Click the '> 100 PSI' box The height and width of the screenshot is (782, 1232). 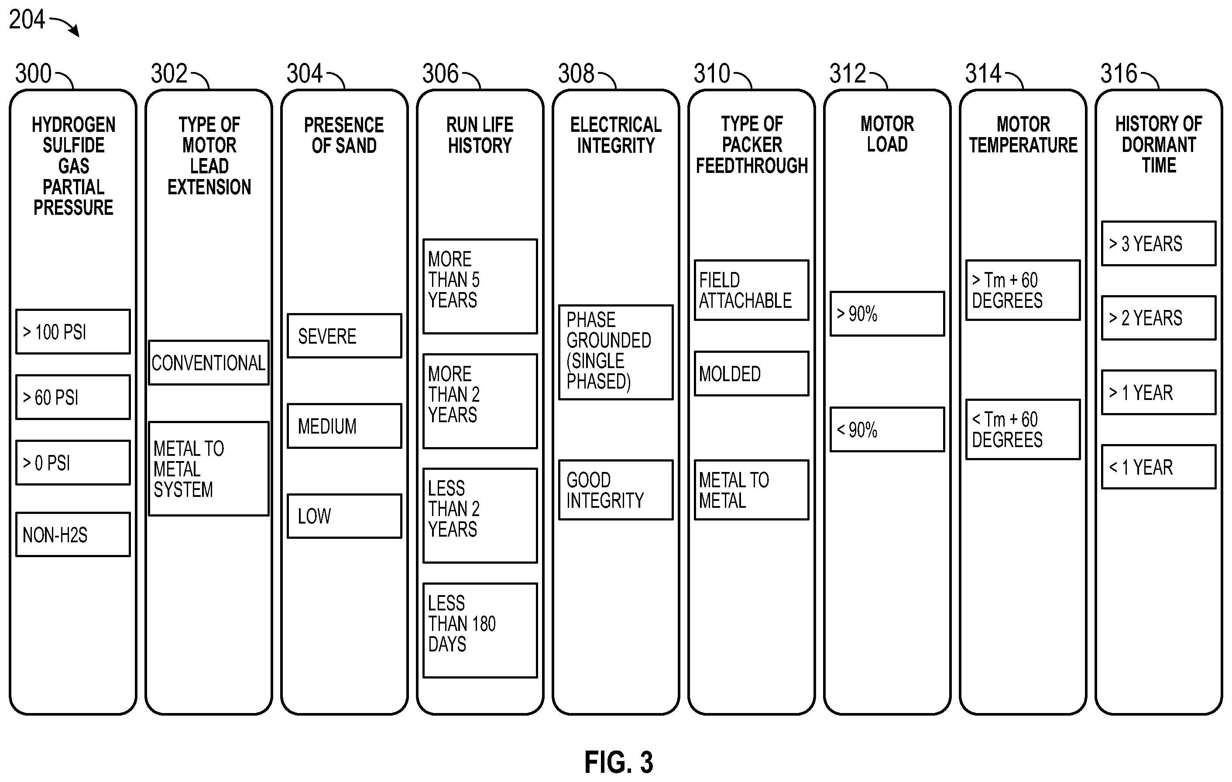pos(73,332)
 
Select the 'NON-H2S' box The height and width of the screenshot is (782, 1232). pos(73,534)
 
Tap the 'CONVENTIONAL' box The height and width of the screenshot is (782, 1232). pos(209,362)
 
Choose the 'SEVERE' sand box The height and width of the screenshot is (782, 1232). pos(344,336)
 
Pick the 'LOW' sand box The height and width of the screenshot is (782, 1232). pos(344,516)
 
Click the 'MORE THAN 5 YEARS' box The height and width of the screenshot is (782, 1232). pos(480,286)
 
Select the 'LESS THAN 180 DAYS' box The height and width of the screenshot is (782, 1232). pos(480,630)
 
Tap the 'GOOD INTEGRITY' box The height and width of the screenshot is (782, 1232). pos(616,490)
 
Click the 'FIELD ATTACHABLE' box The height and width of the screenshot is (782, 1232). pos(752,290)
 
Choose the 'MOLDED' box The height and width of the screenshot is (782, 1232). pos(752,374)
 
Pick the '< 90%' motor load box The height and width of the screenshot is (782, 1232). pos(887,429)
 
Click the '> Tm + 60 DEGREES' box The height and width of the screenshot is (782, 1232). pos(1023,290)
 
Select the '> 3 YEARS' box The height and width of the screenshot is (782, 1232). pos(1159,244)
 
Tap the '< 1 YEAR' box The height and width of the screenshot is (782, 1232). pos(1159,467)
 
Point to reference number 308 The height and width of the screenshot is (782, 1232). pos(576,74)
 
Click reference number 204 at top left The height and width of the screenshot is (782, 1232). pos(27,20)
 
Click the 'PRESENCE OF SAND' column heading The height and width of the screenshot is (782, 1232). pos(344,135)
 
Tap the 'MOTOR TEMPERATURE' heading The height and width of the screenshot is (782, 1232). pos(1023,134)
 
